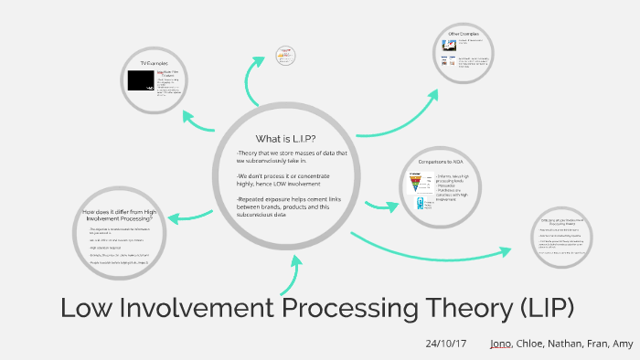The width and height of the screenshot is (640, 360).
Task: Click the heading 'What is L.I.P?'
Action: (x=285, y=138)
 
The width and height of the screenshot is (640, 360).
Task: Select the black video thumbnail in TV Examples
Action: (x=140, y=80)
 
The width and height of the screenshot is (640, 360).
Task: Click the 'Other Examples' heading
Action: (x=464, y=34)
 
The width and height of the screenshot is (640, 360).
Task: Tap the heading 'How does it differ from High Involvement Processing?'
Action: (x=120, y=216)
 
